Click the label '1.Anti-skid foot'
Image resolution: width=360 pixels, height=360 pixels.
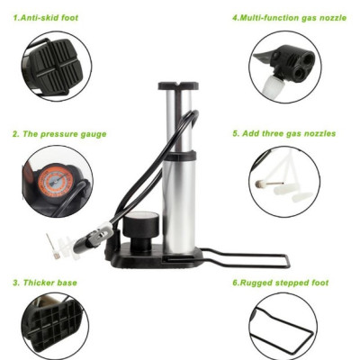click(46, 18)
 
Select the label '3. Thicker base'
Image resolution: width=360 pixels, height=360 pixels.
click(45, 283)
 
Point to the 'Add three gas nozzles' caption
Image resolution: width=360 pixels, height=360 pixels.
click(289, 133)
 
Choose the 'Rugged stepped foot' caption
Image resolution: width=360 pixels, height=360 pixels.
click(284, 283)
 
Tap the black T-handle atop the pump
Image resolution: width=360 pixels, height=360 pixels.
click(178, 85)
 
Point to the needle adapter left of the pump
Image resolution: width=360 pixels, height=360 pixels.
click(52, 247)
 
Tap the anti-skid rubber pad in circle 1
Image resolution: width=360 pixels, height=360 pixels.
click(56, 66)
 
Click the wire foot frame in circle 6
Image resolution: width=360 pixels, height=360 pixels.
click(281, 330)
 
